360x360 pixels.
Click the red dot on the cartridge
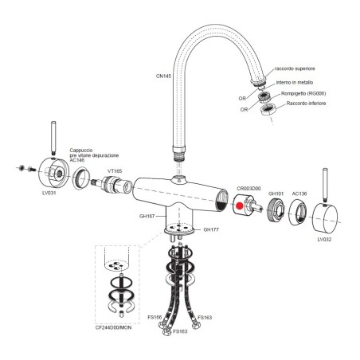[240, 205]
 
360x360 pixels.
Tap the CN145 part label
[163, 76]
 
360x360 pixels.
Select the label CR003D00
[248, 189]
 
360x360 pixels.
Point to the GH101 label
[276, 194]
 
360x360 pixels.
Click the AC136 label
[299, 194]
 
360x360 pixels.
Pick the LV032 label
[324, 240]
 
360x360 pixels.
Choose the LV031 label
[49, 193]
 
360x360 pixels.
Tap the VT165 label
[115, 171]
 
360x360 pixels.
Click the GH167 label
[147, 216]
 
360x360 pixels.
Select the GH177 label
[211, 229]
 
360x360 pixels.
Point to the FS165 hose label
[155, 317]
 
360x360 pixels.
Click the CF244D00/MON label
[113, 327]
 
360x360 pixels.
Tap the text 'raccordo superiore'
[295, 68]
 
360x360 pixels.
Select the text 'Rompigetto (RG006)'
[303, 93]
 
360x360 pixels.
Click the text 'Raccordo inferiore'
[306, 104]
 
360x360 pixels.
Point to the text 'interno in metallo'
[295, 83]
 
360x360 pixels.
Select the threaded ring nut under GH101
[276, 210]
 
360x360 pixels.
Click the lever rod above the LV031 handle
[53, 139]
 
